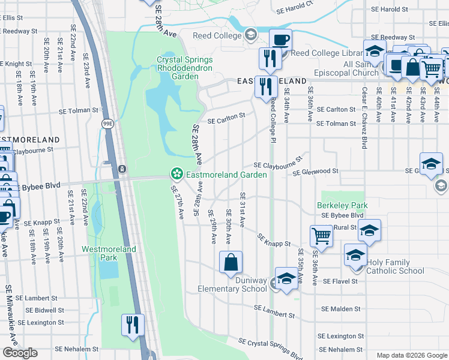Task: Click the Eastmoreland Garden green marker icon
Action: pos(176,175)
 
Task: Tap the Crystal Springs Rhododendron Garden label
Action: pos(185,68)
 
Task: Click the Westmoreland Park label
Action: pos(109,253)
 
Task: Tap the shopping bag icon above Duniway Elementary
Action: pos(231,262)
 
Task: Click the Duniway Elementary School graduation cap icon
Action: pos(286,279)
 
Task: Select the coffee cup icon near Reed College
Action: pos(280,40)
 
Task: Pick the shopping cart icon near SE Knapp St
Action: pos(322,236)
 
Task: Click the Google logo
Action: pos(20,353)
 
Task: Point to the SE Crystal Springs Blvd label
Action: pos(270,348)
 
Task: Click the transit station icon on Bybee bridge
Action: pos(122,169)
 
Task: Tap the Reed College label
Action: pos(215,36)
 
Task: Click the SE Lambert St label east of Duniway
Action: pos(274,311)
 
